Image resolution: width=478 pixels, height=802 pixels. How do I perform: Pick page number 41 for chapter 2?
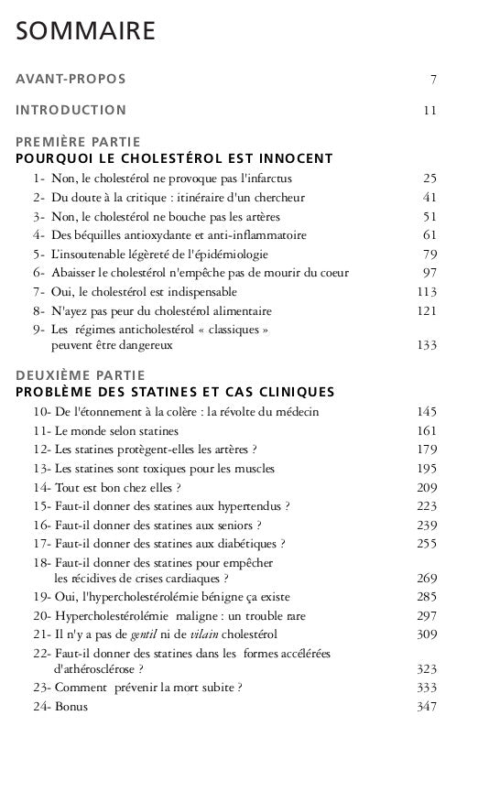tap(429, 197)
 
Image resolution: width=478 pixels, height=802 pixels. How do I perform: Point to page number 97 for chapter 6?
tap(429, 272)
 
